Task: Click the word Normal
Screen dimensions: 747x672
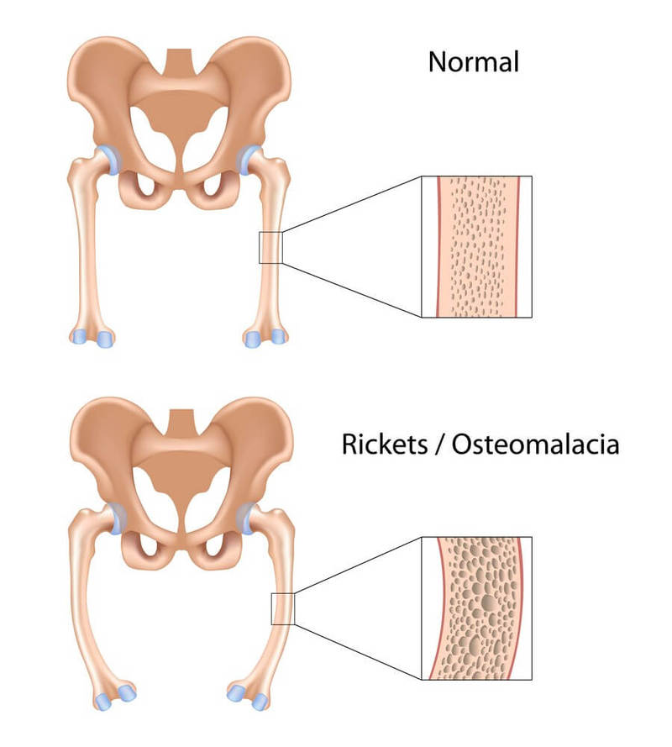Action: point(474,61)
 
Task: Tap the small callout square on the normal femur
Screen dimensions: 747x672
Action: point(270,247)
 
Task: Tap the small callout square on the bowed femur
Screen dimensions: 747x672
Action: point(281,608)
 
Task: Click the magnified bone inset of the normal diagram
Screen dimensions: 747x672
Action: point(476,246)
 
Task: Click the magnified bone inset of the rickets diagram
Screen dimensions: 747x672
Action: point(476,608)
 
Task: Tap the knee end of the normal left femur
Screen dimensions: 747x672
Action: point(91,336)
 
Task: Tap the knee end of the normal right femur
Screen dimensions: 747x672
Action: point(264,336)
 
